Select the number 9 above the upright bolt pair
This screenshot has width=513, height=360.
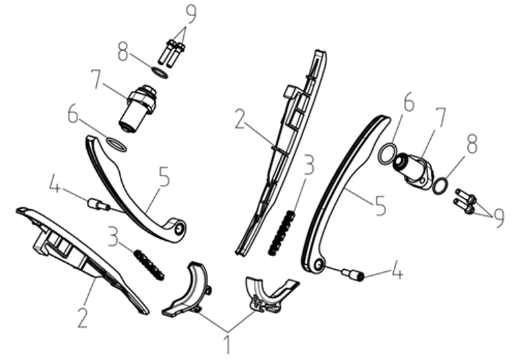(x=191, y=13)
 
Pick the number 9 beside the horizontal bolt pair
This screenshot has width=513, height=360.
(x=500, y=218)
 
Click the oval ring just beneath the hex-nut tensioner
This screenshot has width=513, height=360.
(x=116, y=145)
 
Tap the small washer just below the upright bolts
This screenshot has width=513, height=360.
(x=160, y=73)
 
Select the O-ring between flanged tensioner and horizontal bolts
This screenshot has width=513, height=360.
(x=440, y=186)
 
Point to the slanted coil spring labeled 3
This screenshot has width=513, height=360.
(x=149, y=264)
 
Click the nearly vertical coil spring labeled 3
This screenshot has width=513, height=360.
(x=281, y=232)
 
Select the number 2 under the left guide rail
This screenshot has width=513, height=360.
(x=82, y=317)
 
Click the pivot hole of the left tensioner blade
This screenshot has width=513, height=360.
(x=178, y=229)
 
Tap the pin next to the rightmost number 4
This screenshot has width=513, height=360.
(x=353, y=274)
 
